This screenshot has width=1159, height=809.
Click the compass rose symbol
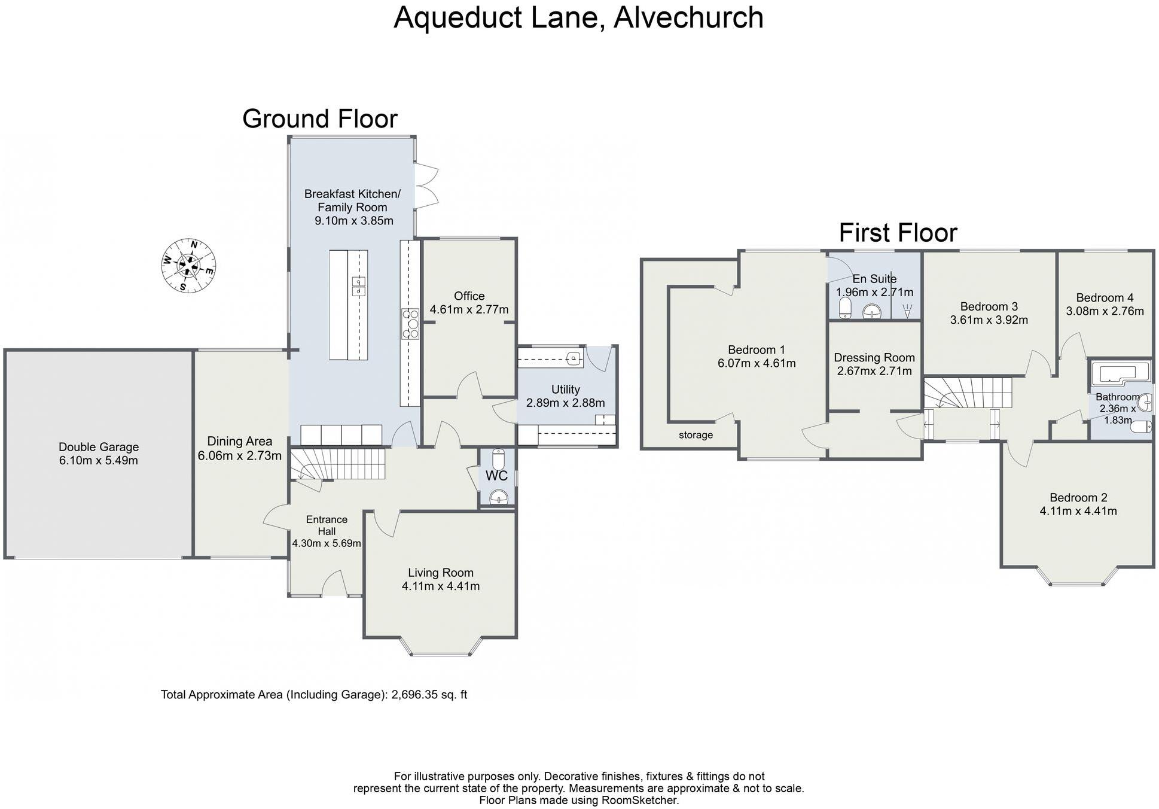click(188, 265)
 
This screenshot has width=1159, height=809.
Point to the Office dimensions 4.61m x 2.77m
click(469, 309)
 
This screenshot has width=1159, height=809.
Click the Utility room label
click(565, 390)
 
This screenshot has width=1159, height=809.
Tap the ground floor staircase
click(338, 465)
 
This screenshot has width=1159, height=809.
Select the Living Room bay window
click(441, 649)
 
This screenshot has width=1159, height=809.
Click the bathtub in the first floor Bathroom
click(1120, 373)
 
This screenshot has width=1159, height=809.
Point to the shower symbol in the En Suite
click(907, 311)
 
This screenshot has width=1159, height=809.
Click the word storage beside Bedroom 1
click(696, 435)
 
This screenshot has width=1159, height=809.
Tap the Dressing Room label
click(874, 358)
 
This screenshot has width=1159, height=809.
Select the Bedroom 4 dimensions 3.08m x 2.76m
click(1105, 311)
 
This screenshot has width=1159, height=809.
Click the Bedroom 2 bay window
click(1078, 577)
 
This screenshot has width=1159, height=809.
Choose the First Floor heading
click(898, 233)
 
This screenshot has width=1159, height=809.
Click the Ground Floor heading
click(319, 118)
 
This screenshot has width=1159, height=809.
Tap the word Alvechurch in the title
click(688, 17)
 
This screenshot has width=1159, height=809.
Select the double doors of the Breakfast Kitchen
click(426, 186)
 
